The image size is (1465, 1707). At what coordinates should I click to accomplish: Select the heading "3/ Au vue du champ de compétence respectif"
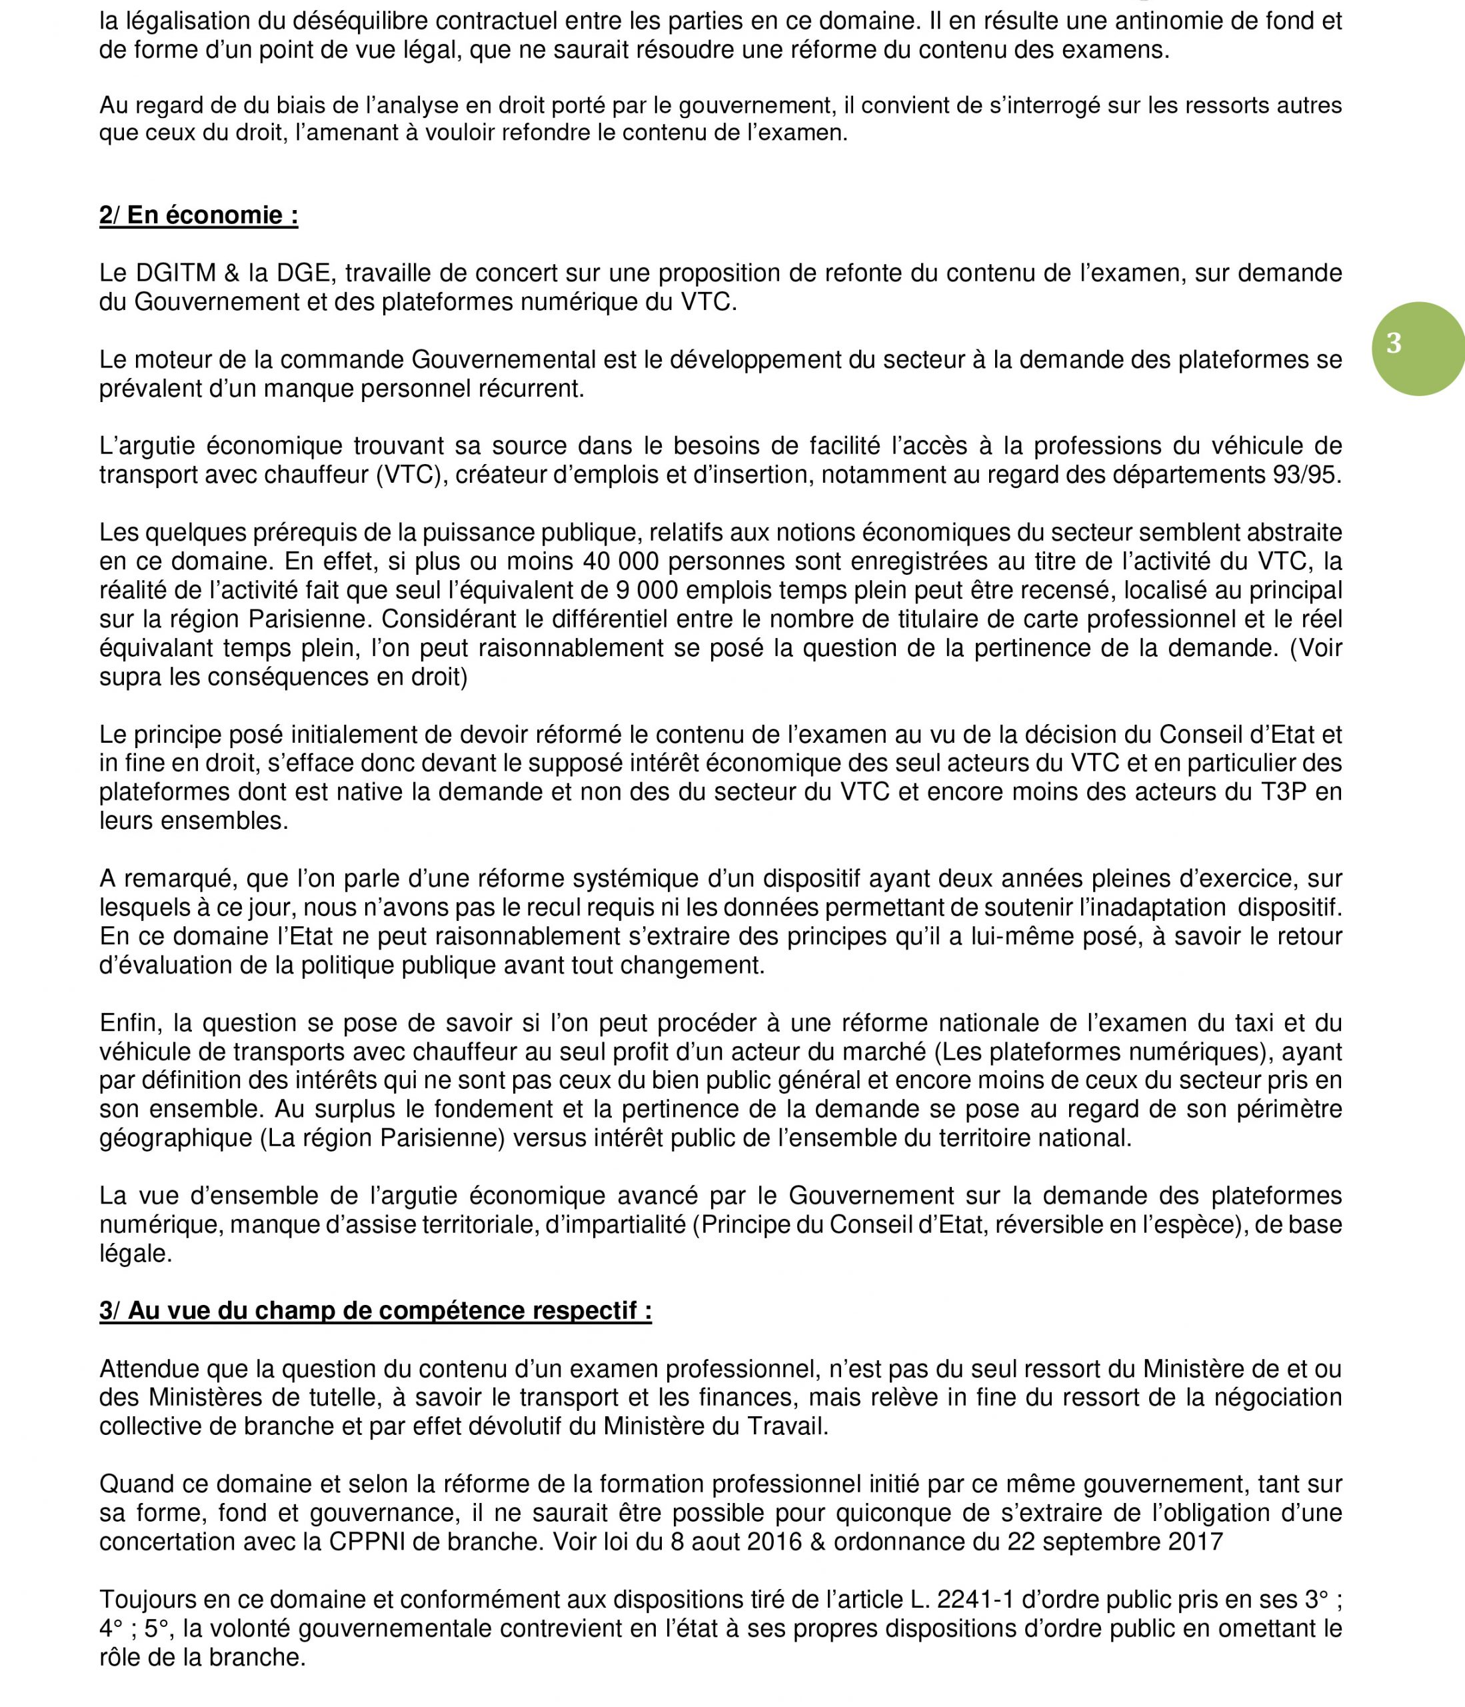click(x=375, y=1310)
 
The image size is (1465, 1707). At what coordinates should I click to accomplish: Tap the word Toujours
click(x=146, y=1599)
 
